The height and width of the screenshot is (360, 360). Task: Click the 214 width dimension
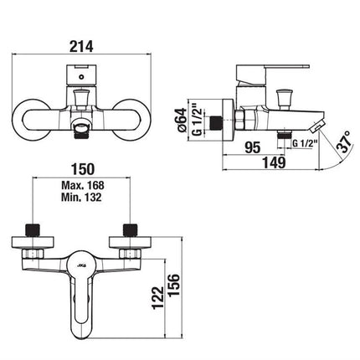[x=81, y=46]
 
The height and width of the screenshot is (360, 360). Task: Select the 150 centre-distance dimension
[x=83, y=169]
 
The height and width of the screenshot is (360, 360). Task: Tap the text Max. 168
[x=83, y=185]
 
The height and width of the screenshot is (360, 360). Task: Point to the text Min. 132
[x=81, y=198]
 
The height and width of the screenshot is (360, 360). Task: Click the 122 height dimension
[x=158, y=297]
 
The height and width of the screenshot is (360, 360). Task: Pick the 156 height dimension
[x=173, y=285]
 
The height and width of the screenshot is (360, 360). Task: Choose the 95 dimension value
[x=253, y=147]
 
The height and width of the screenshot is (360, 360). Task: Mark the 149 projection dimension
[x=274, y=162]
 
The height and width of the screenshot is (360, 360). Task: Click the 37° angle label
[x=344, y=141]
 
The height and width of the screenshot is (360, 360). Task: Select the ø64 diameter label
[x=183, y=121]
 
